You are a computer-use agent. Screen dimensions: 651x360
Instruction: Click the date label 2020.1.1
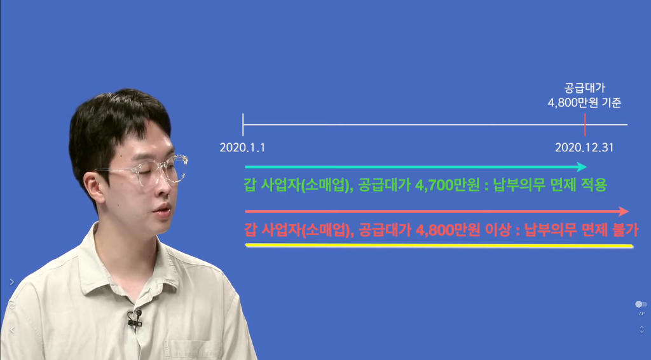tap(242, 148)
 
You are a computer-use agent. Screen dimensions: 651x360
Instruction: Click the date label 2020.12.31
tap(584, 148)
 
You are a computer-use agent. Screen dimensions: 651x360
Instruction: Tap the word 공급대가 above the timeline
tap(585, 88)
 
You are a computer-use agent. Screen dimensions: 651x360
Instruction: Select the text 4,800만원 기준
tap(585, 102)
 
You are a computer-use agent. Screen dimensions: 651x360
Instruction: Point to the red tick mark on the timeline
tap(585, 125)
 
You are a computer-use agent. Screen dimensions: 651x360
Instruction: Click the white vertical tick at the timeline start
tap(243, 125)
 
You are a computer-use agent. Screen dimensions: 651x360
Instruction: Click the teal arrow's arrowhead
tap(582, 167)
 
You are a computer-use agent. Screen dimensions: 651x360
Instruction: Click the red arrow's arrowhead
tap(624, 211)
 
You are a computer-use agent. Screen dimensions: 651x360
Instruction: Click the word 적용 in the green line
tap(594, 185)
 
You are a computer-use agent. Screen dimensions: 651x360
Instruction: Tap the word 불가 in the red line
tap(626, 230)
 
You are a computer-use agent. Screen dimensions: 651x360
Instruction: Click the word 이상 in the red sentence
tap(497, 230)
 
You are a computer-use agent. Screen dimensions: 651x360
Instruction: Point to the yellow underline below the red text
tap(439, 246)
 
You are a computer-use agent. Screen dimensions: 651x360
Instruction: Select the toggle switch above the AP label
tap(641, 305)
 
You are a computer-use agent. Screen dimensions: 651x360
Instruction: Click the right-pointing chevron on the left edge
tap(11, 282)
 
